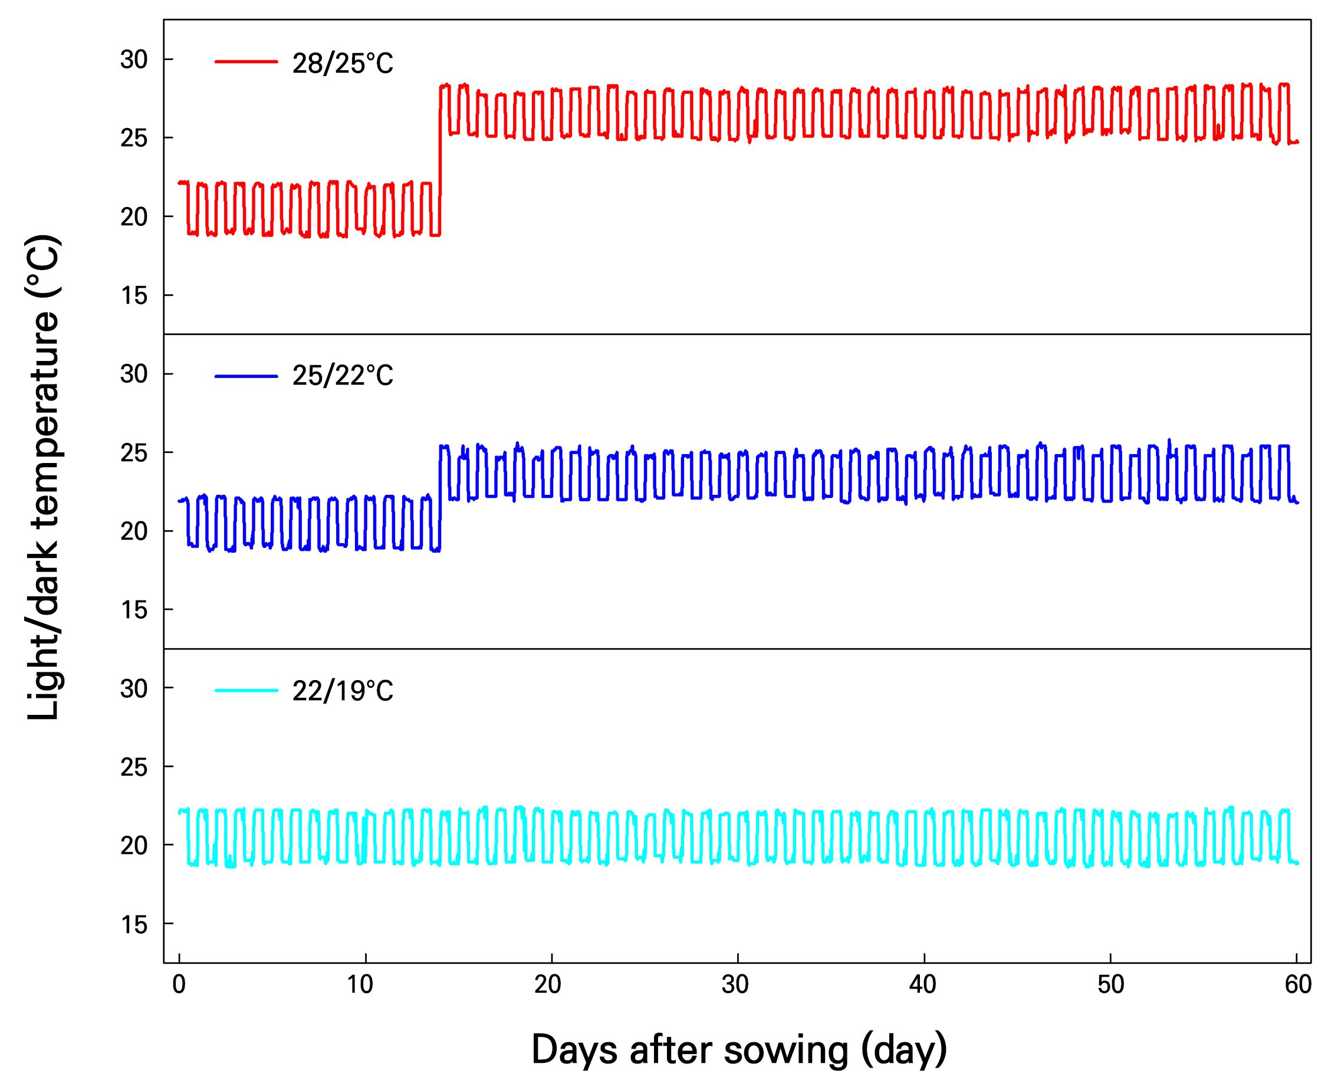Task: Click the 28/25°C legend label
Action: click(343, 63)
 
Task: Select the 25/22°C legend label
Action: click(343, 375)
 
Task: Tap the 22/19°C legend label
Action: click(343, 691)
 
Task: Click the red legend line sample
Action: click(246, 61)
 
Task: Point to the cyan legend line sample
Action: click(246, 690)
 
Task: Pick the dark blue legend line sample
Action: click(246, 376)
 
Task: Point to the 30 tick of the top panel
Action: click(134, 60)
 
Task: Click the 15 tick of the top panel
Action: click(134, 295)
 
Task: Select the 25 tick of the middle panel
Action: click(134, 453)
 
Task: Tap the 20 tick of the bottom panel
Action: click(134, 846)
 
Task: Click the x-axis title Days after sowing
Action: click(739, 1050)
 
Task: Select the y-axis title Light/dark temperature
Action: click(44, 478)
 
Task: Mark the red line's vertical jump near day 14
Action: click(440, 161)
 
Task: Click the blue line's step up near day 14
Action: click(440, 496)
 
